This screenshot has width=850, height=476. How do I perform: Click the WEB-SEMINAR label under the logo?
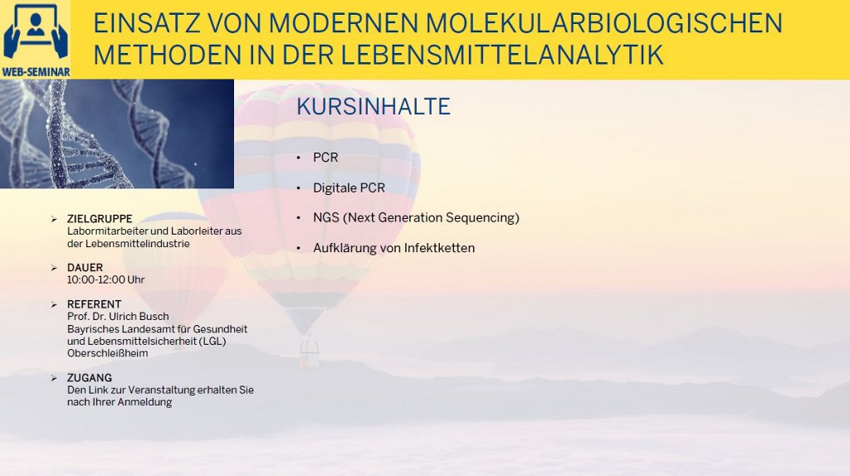(36, 72)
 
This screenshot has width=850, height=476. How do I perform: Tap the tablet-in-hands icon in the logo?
(36, 32)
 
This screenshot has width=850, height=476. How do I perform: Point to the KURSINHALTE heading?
(374, 107)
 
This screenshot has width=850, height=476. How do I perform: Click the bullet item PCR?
(325, 158)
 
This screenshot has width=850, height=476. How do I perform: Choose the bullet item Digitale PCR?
(349, 188)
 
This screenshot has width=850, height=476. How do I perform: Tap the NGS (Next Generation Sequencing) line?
(416, 218)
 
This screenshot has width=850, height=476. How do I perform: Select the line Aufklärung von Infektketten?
(393, 248)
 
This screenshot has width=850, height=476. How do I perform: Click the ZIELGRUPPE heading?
(100, 219)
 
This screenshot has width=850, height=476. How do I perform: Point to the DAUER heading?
(85, 268)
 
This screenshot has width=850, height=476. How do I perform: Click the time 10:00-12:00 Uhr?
(105, 280)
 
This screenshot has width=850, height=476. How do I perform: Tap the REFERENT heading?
(95, 304)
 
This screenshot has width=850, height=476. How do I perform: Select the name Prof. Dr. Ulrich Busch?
(118, 316)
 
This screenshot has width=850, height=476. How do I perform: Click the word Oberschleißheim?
(107, 353)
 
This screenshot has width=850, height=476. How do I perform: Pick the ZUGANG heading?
(90, 378)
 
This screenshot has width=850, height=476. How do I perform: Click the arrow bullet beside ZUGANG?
(54, 378)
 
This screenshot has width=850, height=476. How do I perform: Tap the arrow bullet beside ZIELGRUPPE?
(54, 219)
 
